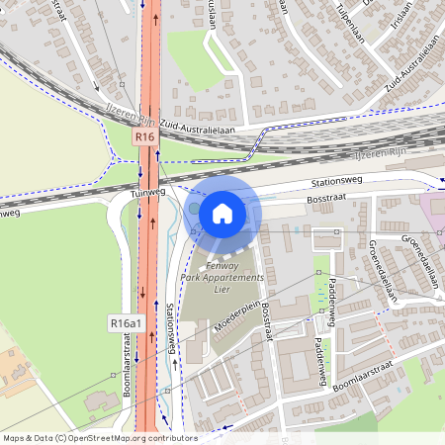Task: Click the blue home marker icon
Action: [222, 213]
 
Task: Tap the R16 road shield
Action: [145, 136]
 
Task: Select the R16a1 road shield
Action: [127, 323]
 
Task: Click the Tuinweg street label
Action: [149, 195]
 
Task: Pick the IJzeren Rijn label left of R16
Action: [118, 116]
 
